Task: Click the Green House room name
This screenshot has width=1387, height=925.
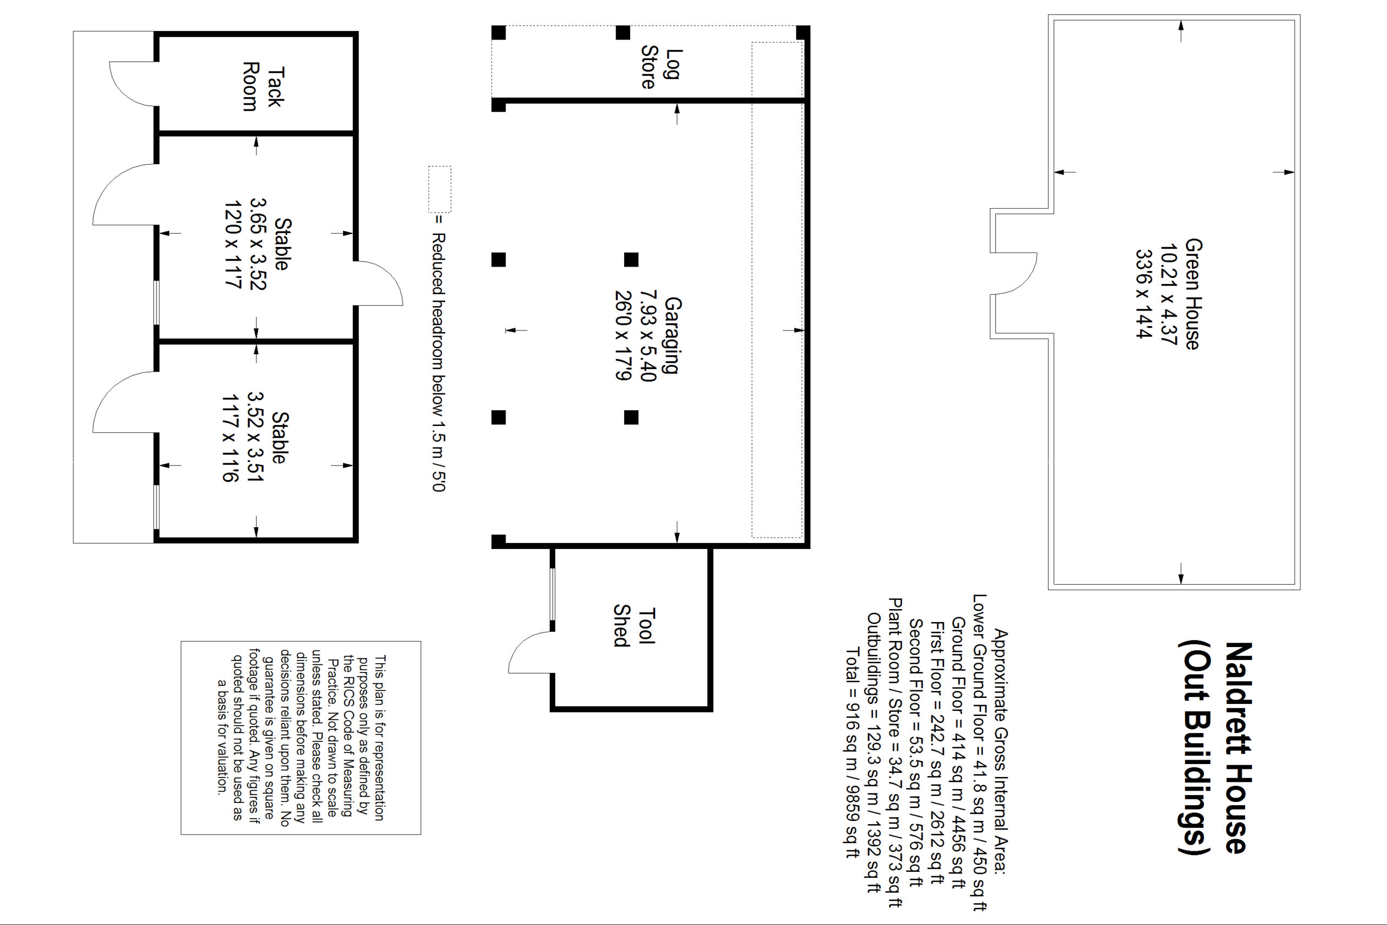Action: tap(1192, 294)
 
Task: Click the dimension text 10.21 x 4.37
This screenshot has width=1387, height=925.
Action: tap(1168, 294)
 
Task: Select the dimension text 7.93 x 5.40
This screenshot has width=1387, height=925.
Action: tap(648, 335)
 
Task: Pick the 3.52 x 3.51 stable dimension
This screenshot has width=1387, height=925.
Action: tap(255, 437)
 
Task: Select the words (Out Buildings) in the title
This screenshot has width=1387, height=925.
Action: tap(1194, 747)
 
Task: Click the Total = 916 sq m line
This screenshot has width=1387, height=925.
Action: tap(853, 753)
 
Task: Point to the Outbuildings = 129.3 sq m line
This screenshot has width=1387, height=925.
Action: tap(874, 753)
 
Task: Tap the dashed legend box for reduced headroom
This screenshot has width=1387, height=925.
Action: tap(440, 189)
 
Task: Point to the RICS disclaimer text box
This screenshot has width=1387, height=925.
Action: tap(301, 738)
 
